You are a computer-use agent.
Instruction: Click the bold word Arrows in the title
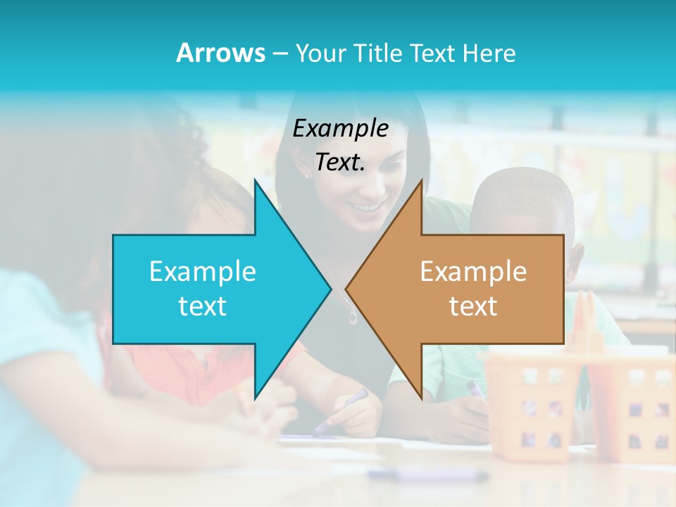click(x=220, y=53)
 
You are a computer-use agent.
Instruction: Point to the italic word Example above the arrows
click(x=340, y=129)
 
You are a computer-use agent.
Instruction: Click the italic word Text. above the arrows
click(x=340, y=163)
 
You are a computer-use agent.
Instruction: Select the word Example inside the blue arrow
click(x=203, y=271)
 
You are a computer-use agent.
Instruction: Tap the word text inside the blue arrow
click(x=203, y=306)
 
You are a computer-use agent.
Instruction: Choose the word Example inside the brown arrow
click(x=473, y=271)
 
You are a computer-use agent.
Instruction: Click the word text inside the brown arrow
click(x=473, y=306)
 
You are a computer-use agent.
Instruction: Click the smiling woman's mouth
click(x=368, y=207)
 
